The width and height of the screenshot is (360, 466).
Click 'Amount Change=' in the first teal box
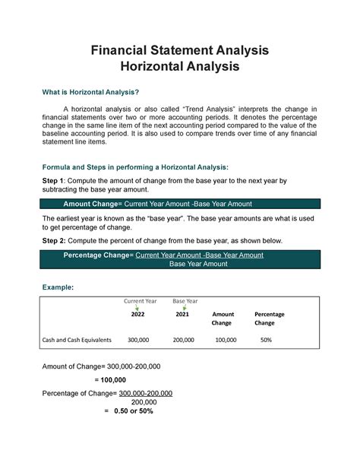(95, 204)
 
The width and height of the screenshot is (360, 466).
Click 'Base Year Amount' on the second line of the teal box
(198, 264)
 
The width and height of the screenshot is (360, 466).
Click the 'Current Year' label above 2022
(134, 302)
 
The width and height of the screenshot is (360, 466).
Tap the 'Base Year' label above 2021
(185, 302)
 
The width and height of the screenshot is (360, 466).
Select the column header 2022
(137, 314)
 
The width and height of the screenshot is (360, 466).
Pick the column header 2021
(182, 314)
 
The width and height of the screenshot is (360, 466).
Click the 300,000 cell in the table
(138, 340)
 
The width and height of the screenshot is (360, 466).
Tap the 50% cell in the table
(264, 340)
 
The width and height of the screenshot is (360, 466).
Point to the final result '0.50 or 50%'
(133, 411)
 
